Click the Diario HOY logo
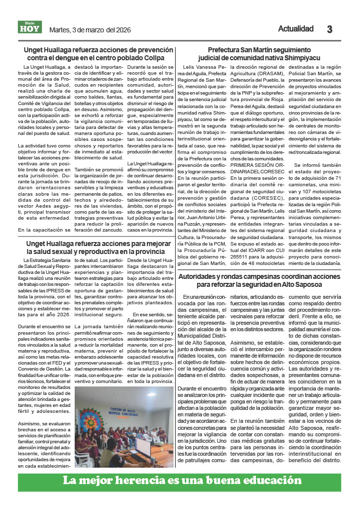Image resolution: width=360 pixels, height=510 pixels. (x=30, y=28)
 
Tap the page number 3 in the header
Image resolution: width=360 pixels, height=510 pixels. (x=330, y=29)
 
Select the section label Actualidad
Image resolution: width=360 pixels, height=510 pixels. (x=296, y=29)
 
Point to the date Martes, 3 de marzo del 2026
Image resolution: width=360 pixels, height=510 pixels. (x=90, y=30)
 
